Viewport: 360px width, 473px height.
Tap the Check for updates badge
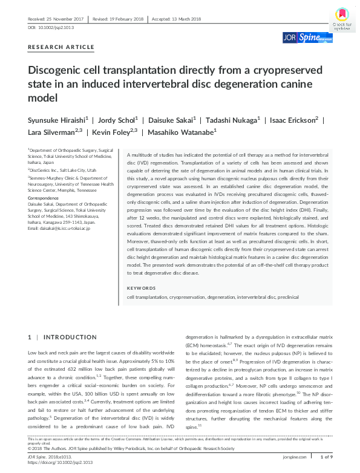[341, 19]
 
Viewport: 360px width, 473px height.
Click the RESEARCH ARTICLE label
[61, 47]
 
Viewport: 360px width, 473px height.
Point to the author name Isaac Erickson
[293, 120]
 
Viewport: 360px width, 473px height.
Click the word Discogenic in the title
[58, 70]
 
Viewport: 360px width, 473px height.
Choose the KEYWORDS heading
[142, 287]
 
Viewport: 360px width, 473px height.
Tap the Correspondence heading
[44, 198]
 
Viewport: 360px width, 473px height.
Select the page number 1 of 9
[325, 457]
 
